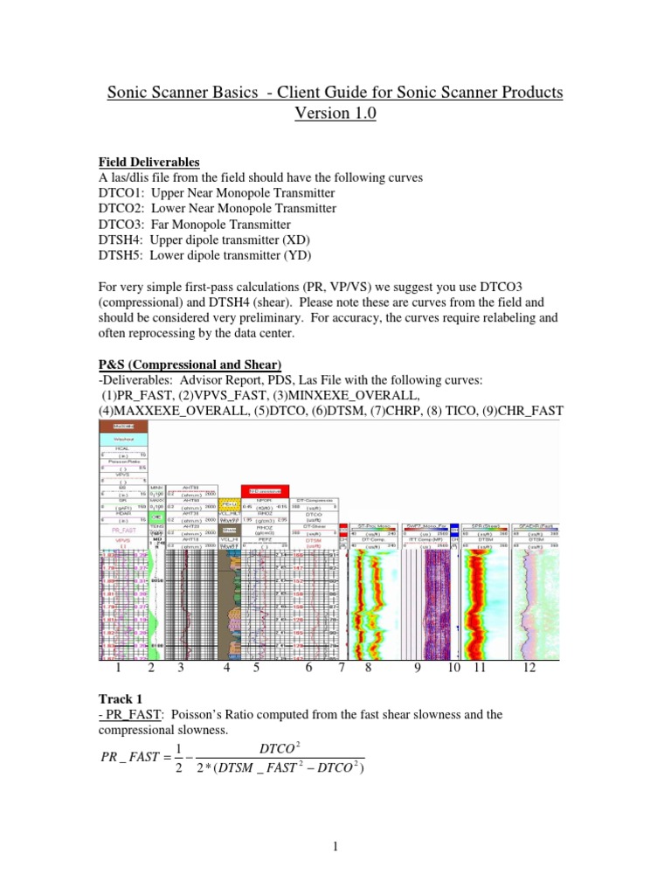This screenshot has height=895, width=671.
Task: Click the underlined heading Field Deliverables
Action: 149,163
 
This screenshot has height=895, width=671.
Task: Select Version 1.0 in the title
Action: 335,115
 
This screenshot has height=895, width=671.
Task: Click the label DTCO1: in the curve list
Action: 121,192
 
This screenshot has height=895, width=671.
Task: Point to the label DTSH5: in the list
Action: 121,255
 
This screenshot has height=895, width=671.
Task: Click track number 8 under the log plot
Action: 368,669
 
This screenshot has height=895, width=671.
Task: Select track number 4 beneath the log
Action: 227,669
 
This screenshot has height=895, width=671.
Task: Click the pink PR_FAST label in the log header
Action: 122,530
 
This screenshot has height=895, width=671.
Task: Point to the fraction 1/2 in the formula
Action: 179,758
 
